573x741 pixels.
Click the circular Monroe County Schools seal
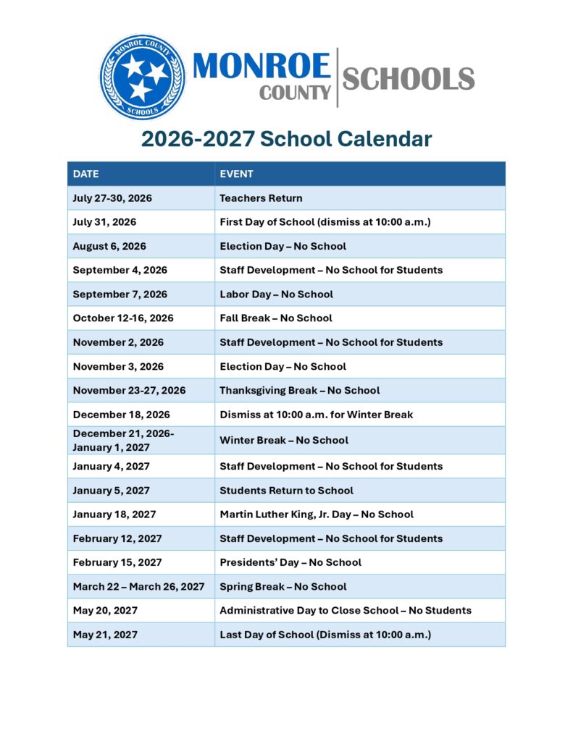(x=142, y=77)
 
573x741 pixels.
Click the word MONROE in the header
(x=262, y=67)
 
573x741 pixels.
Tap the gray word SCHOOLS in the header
(x=408, y=78)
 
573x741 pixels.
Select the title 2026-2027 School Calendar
(x=286, y=138)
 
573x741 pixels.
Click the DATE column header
(x=85, y=174)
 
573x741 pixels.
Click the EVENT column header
(x=236, y=174)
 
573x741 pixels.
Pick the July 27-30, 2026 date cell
(x=112, y=198)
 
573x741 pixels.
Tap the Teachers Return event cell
(x=261, y=198)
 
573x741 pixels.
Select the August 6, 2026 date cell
(x=109, y=246)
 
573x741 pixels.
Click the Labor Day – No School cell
(x=276, y=295)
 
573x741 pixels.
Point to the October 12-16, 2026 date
(x=123, y=318)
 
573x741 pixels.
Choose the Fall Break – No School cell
(x=275, y=318)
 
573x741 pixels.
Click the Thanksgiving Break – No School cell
(x=299, y=391)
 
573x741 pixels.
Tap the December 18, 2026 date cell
(x=117, y=415)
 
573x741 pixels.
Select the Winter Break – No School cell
(x=283, y=440)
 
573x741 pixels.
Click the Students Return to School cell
(x=286, y=491)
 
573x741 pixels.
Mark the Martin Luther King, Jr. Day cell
(x=317, y=515)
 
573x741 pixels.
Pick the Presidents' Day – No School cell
(x=290, y=562)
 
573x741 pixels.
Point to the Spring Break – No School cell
(x=283, y=587)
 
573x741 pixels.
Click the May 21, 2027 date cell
(x=105, y=635)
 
